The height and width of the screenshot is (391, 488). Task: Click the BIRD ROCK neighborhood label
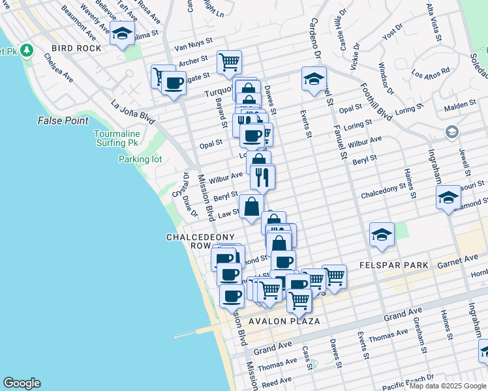pos(77,48)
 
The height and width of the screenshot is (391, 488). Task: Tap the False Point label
pos(63,121)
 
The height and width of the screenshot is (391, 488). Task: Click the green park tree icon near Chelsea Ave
pos(26,50)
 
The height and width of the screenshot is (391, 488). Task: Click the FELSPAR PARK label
pos(394,265)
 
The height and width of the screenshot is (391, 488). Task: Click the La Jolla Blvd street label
pos(132,111)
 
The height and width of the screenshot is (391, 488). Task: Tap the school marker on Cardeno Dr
pos(314,79)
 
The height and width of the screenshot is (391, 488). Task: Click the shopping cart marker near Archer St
pos(229,63)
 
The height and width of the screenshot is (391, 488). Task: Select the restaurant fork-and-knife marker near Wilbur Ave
pos(262,177)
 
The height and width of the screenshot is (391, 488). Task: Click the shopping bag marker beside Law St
pos(251,207)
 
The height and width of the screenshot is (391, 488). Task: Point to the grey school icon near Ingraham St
pos(451,132)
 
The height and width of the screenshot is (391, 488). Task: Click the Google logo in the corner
pos(22,383)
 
